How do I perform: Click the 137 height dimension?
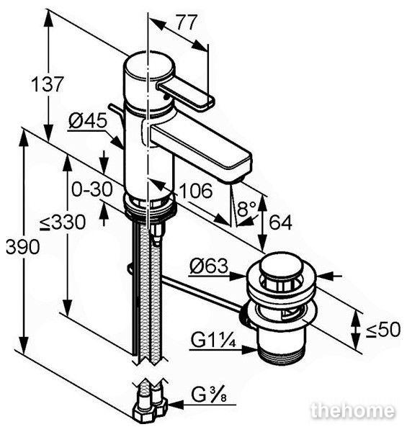[47, 84]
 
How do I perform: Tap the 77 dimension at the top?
[187, 22]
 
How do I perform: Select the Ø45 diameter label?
[88, 121]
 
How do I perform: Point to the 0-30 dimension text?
[92, 189]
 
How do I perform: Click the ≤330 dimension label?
[63, 222]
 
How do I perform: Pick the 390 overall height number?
[23, 246]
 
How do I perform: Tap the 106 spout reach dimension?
[196, 190]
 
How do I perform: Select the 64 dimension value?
[280, 222]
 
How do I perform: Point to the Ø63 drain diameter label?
[209, 266]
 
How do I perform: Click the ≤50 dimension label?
[383, 330]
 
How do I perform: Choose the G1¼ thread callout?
[213, 341]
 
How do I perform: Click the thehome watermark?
[352, 411]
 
